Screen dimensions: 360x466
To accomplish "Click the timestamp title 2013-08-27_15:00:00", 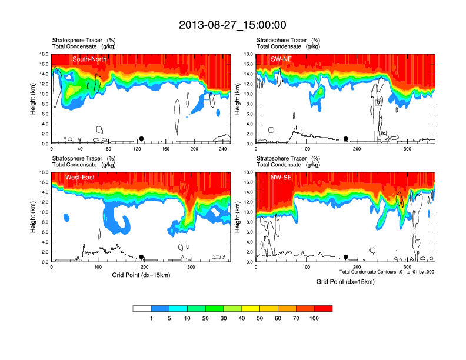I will [x=232, y=25].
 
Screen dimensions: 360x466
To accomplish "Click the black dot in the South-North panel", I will [x=141, y=139].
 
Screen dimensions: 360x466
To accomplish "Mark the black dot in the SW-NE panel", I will [x=346, y=139].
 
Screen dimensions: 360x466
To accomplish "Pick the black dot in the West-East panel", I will [x=141, y=257].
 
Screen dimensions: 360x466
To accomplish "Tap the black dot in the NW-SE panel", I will [x=346, y=257].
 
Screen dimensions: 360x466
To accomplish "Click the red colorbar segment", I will [x=323, y=308].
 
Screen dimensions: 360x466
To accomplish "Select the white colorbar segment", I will [x=142, y=308].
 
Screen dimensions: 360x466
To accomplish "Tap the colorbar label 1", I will [x=151, y=318].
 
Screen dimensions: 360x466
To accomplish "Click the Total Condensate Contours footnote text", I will [x=387, y=272].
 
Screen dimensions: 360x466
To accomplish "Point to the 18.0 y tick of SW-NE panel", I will [x=248, y=54].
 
